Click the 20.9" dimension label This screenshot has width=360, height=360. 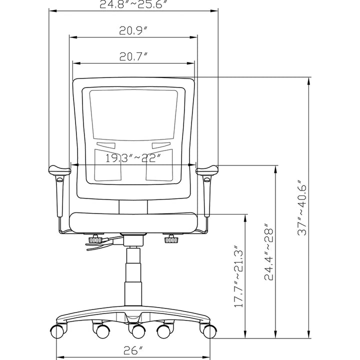[133, 30]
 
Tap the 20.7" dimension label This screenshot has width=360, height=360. [133, 56]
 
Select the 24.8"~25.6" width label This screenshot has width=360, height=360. [133, 4]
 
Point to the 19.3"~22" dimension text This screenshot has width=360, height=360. [132, 158]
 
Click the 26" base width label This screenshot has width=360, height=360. [133, 350]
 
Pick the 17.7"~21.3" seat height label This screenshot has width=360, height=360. [238, 276]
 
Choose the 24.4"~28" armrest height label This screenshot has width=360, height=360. [269, 251]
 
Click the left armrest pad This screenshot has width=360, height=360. [59, 170]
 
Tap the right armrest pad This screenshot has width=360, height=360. [207, 170]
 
